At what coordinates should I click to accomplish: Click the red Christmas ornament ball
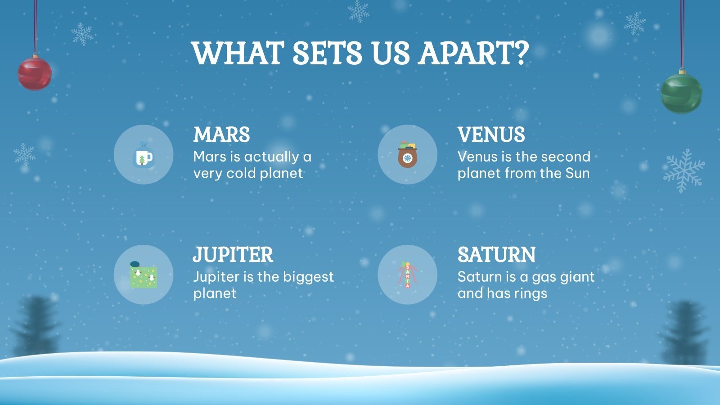coord(35,73)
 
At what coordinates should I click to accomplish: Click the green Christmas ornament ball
coord(681,93)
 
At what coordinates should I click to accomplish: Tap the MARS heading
coord(221,135)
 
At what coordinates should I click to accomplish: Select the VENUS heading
coord(491,135)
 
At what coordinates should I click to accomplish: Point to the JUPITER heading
coord(233,255)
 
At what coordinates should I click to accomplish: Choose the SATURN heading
coord(497,255)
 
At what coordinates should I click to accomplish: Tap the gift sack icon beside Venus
coord(407,155)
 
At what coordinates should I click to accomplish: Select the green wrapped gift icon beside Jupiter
coord(144,275)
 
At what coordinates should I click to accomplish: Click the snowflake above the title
coord(358,11)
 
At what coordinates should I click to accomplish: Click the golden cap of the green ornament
coord(682,71)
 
